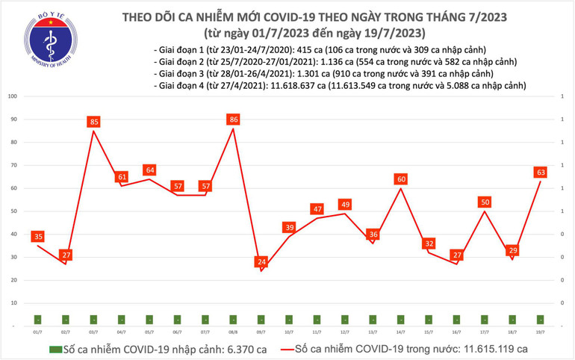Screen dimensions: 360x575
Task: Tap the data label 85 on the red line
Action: (94, 122)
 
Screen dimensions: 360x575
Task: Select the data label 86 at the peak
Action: (234, 119)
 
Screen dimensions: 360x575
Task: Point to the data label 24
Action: (261, 262)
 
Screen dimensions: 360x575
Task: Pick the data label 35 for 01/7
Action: (37, 237)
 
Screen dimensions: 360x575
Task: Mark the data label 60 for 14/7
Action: (401, 179)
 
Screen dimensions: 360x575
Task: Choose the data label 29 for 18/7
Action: (513, 250)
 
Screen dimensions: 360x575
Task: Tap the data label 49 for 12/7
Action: (345, 205)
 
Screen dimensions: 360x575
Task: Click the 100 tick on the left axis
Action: (13, 96)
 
